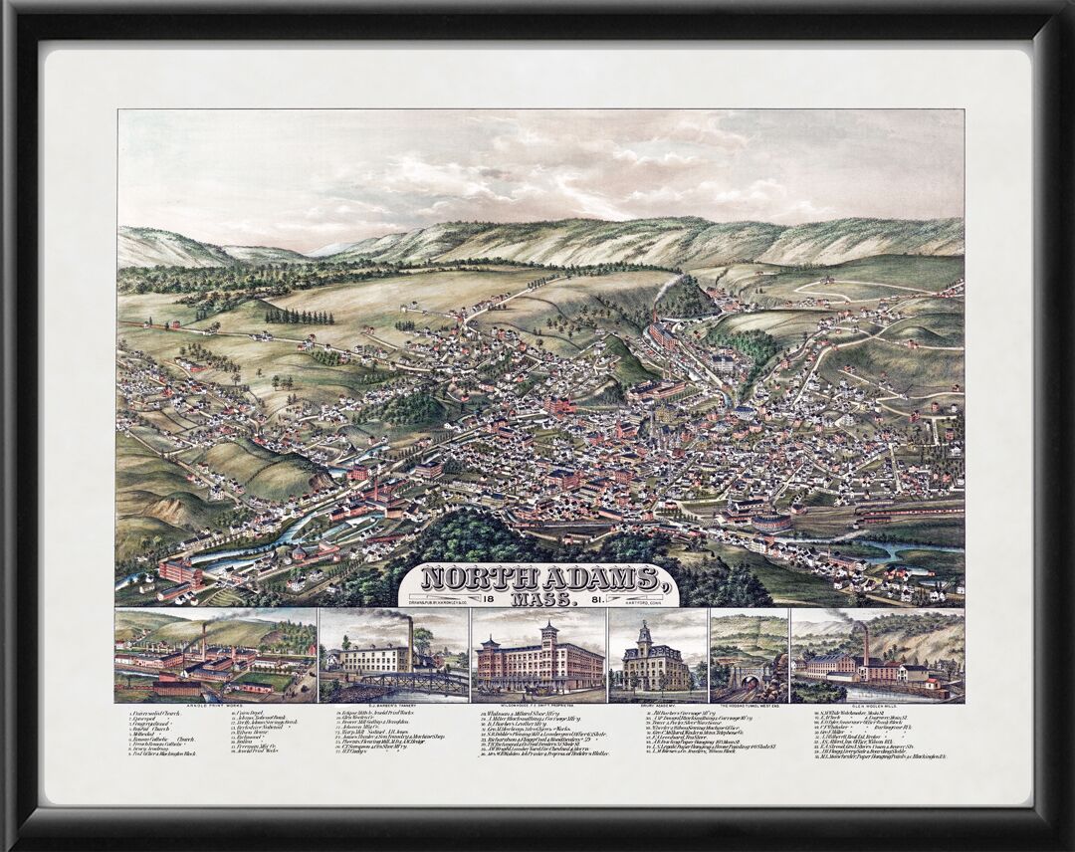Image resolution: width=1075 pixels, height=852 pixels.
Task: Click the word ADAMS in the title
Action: tap(595, 578)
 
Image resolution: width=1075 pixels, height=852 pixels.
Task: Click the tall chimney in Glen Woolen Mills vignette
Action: tap(865, 645)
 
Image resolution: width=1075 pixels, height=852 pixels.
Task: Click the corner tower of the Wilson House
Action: tap(547, 637)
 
